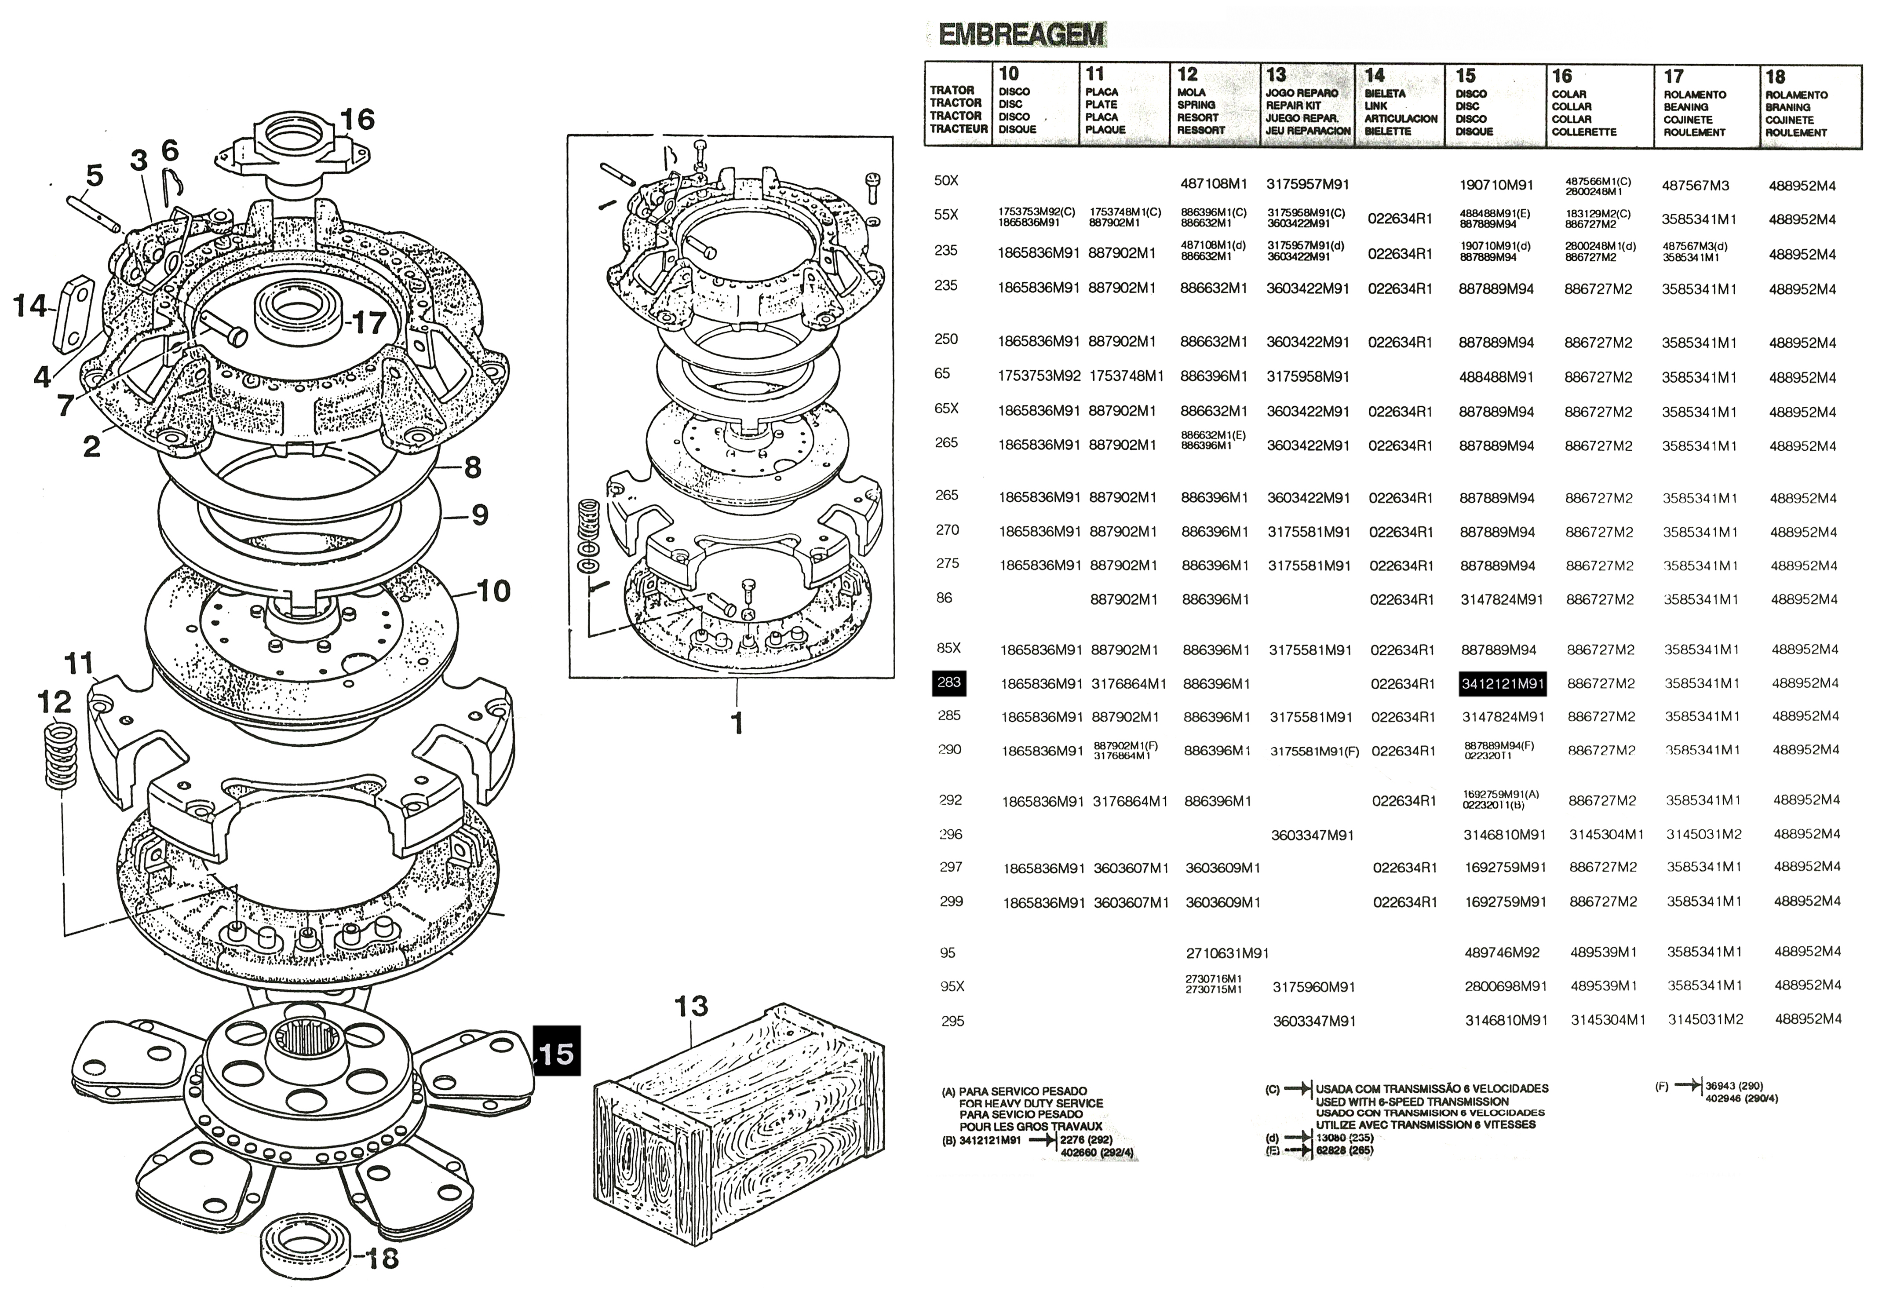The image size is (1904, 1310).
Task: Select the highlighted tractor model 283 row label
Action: point(949,683)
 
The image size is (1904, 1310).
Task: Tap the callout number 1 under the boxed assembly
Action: point(737,723)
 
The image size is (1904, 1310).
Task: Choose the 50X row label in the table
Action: point(946,181)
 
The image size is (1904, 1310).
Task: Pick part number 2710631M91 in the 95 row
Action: point(1228,953)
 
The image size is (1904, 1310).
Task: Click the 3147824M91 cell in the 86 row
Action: point(1501,600)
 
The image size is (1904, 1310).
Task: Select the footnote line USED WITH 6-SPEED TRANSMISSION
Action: point(1412,1102)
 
